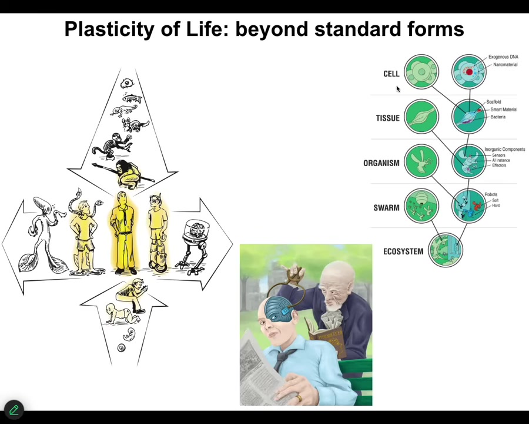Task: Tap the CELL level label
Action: click(391, 74)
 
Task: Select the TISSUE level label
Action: click(387, 118)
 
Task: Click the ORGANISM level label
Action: click(381, 163)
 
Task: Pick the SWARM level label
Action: click(386, 208)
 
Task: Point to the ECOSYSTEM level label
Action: click(403, 251)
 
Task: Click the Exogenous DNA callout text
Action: click(503, 57)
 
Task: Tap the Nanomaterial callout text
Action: click(505, 65)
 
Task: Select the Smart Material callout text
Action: click(503, 110)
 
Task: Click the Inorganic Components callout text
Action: click(504, 150)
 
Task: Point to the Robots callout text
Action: click(491, 194)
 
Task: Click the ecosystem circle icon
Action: click(446, 250)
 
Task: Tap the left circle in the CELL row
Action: click(421, 72)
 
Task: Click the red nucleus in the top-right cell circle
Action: click(468, 72)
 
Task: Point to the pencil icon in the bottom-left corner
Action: click(14, 409)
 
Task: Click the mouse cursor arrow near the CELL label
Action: click(397, 89)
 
